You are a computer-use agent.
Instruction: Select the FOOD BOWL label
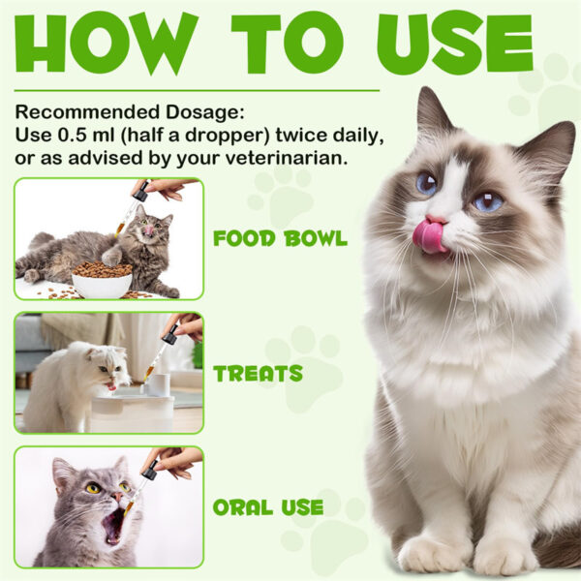(281, 238)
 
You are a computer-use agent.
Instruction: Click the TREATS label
(258, 374)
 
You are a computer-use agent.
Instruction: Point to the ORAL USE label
(268, 505)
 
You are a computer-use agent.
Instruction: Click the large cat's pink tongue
(429, 236)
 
